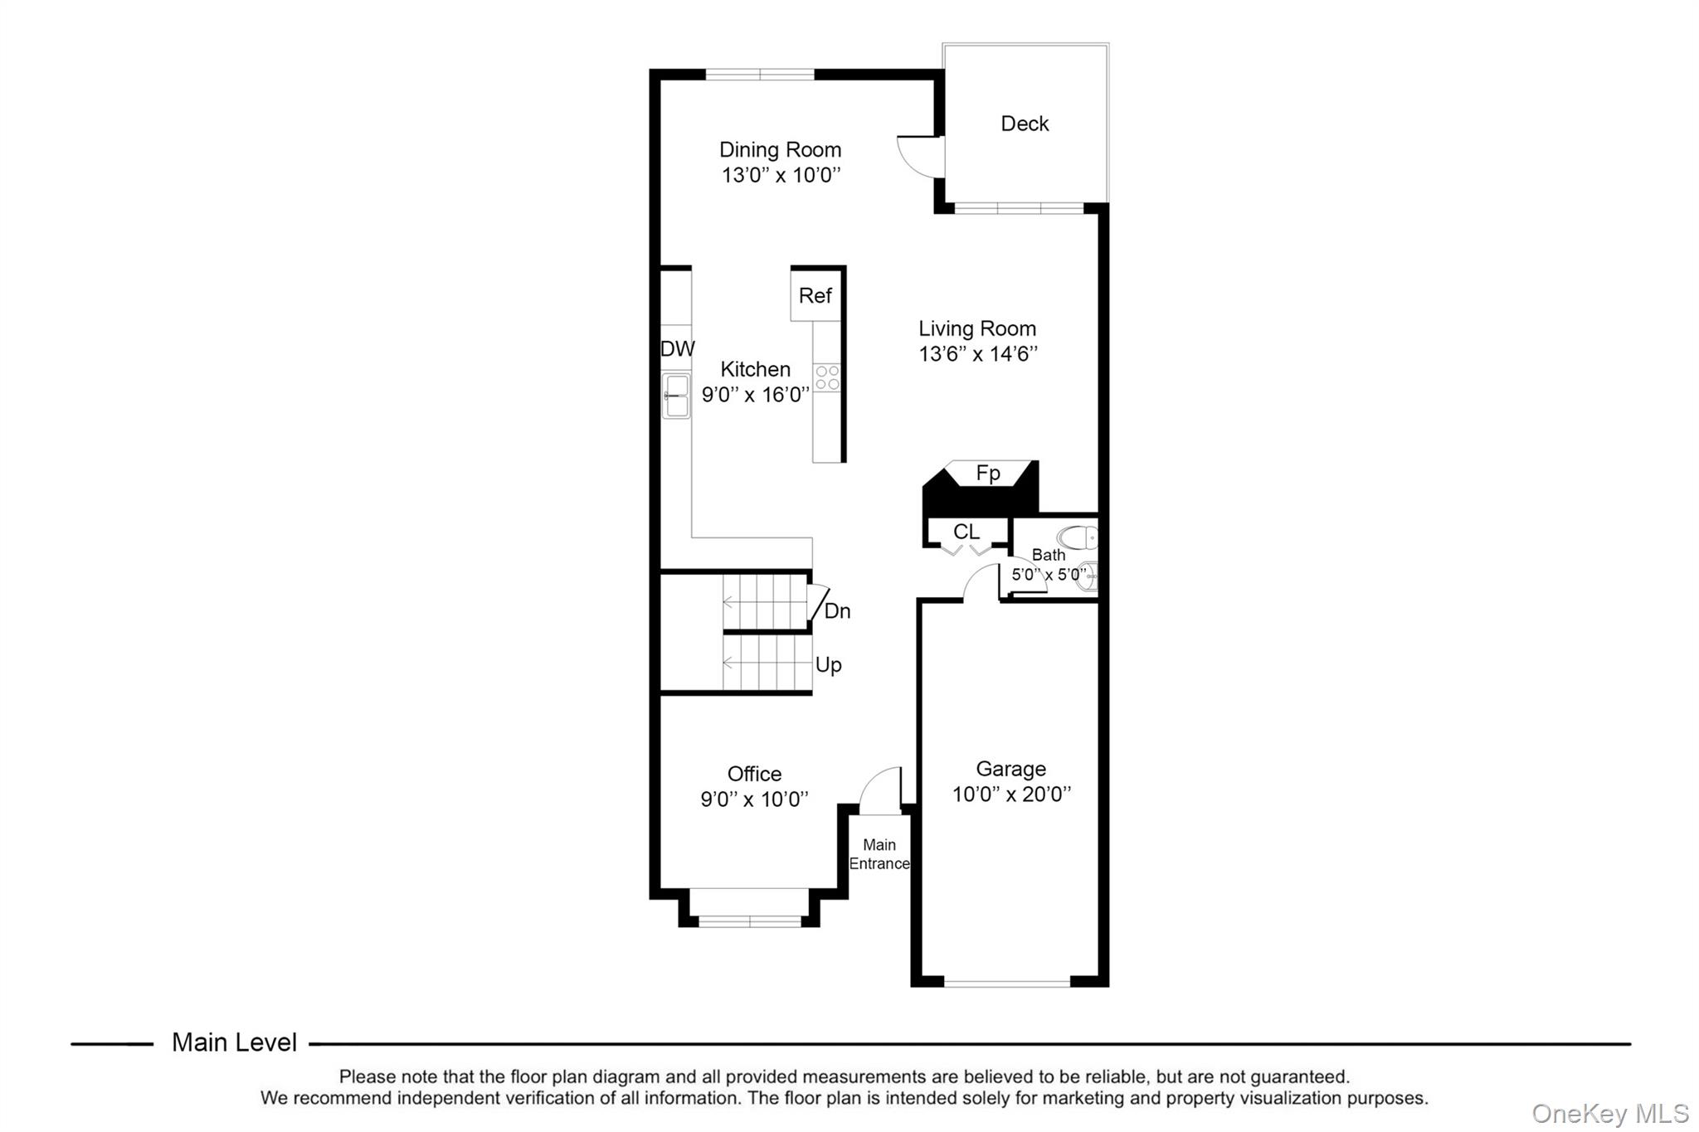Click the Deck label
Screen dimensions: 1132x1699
pyautogui.click(x=1025, y=124)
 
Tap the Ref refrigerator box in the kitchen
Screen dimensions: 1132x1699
pyautogui.click(x=815, y=295)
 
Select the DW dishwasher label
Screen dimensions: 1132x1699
pyautogui.click(x=677, y=349)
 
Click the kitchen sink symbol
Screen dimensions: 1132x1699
pyautogui.click(x=676, y=396)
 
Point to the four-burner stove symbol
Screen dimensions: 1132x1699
pyautogui.click(x=827, y=377)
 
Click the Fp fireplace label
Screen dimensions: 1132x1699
pyautogui.click(x=987, y=473)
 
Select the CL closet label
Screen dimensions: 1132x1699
pyautogui.click(x=966, y=532)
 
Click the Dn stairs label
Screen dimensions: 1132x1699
pyautogui.click(x=837, y=611)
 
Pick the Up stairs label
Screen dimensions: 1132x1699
pyautogui.click(x=828, y=665)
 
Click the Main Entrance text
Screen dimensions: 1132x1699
pyautogui.click(x=879, y=854)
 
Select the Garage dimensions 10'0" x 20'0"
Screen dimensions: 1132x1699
pyautogui.click(x=1011, y=794)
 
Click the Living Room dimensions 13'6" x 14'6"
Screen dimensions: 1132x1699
pyautogui.click(x=978, y=354)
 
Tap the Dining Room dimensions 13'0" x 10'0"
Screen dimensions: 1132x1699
pyautogui.click(x=781, y=175)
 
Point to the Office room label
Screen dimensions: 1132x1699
pyautogui.click(x=754, y=774)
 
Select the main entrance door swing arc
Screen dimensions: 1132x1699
pyautogui.click(x=879, y=788)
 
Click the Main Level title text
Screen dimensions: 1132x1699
pyautogui.click(x=234, y=1042)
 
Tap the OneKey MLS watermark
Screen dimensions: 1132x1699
pyautogui.click(x=1609, y=1113)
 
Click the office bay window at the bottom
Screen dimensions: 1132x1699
pyautogui.click(x=749, y=921)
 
